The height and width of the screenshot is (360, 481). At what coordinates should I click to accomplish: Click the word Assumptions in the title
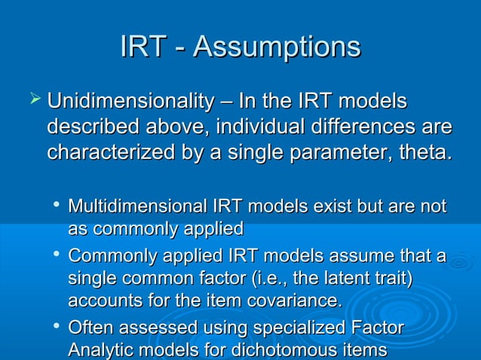point(277,47)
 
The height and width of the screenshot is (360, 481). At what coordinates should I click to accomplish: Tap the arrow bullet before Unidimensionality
point(32,99)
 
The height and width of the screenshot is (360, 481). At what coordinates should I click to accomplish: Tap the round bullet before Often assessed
point(57,328)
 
